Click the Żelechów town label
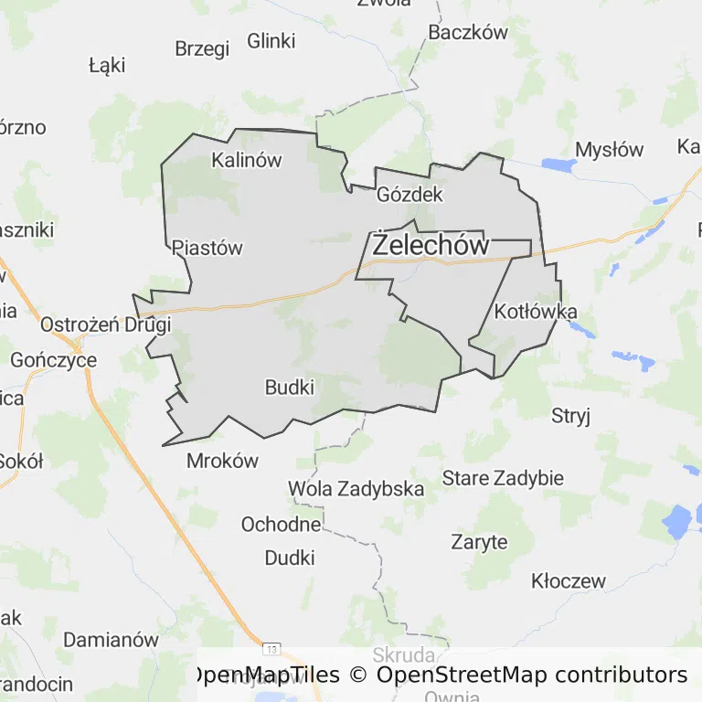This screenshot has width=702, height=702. [x=431, y=245]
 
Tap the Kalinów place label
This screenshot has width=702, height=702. [x=246, y=160]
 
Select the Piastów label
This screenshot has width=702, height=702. [x=207, y=248]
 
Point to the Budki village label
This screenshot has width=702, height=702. [x=289, y=388]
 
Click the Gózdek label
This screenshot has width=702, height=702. [x=409, y=195]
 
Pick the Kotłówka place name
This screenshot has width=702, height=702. [x=536, y=312]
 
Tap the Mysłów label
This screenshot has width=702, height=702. [x=609, y=150]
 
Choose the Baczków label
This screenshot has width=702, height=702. [x=467, y=33]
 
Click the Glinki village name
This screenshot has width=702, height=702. [x=271, y=41]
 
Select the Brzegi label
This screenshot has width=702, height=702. [x=202, y=49]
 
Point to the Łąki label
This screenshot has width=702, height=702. [x=107, y=66]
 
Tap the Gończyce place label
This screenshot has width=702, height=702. [x=53, y=360]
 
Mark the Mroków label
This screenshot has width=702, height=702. [x=222, y=461]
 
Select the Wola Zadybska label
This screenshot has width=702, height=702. [x=356, y=489]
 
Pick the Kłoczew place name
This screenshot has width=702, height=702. [x=568, y=581]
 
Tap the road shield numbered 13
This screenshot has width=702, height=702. [x=271, y=648]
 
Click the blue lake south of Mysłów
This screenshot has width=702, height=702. [x=556, y=165]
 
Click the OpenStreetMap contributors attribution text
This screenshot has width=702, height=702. [x=532, y=675]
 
